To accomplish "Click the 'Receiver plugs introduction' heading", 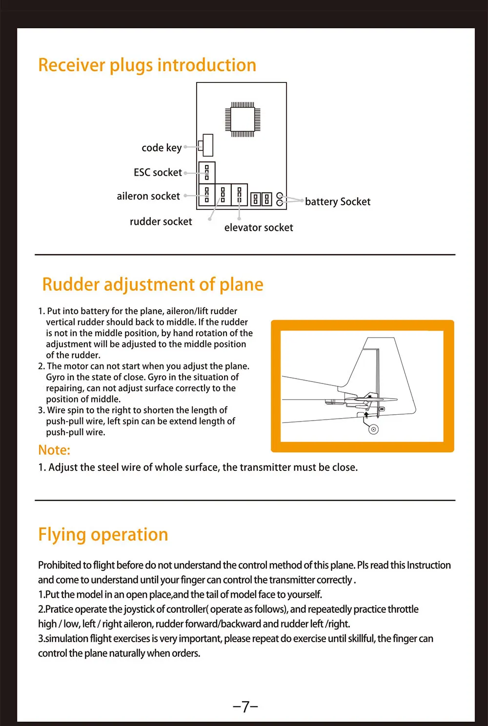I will click(x=147, y=65).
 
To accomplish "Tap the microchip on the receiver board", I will click(x=242, y=119).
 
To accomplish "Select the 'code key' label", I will click(x=162, y=148).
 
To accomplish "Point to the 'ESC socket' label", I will click(x=158, y=173).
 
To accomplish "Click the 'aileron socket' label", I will click(x=148, y=196).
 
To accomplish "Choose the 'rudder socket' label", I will click(x=161, y=222).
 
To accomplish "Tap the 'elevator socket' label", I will click(x=259, y=228).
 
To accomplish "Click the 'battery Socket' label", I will click(x=338, y=202).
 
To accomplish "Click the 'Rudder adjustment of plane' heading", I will click(x=153, y=284).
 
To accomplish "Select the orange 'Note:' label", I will click(x=54, y=450).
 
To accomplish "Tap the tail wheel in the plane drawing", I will click(x=373, y=429).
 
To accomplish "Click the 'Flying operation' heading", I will click(x=103, y=535).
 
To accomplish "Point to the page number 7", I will click(x=245, y=706).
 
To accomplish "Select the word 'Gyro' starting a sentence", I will click(x=56, y=377).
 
